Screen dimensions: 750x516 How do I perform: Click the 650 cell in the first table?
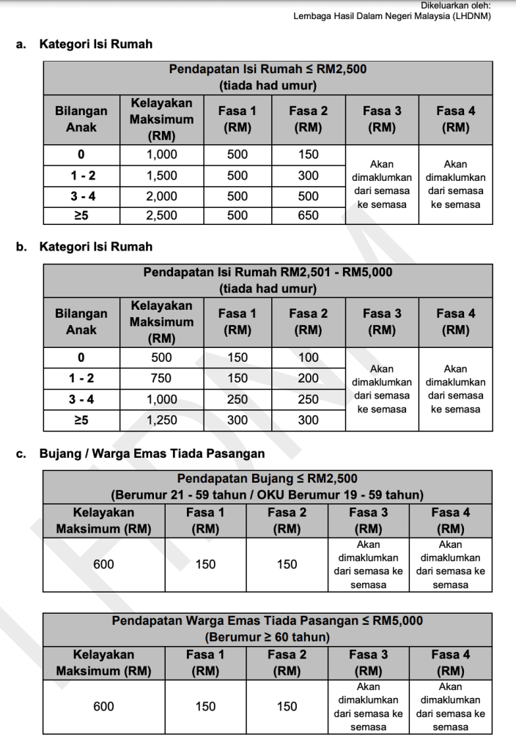click(x=308, y=215)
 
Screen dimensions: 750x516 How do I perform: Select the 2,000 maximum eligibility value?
click(x=161, y=196)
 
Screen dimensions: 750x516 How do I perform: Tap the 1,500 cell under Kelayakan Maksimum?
click(x=161, y=175)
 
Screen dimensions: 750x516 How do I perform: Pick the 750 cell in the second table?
click(x=161, y=378)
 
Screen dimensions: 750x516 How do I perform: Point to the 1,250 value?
click(x=161, y=420)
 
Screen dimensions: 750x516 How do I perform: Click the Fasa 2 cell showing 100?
click(x=308, y=357)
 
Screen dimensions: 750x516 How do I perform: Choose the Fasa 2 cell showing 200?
click(x=308, y=378)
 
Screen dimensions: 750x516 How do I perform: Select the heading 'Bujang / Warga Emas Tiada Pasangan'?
click(x=152, y=453)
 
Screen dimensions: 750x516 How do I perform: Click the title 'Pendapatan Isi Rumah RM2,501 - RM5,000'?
click(x=268, y=272)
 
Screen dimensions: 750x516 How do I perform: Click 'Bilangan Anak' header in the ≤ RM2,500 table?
click(x=81, y=119)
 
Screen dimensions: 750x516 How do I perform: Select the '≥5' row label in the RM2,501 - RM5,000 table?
click(x=81, y=420)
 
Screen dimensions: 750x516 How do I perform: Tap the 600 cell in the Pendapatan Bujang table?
click(x=103, y=564)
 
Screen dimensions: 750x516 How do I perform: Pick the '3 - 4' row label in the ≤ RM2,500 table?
click(x=81, y=196)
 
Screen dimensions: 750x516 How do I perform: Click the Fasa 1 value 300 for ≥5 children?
click(x=237, y=420)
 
